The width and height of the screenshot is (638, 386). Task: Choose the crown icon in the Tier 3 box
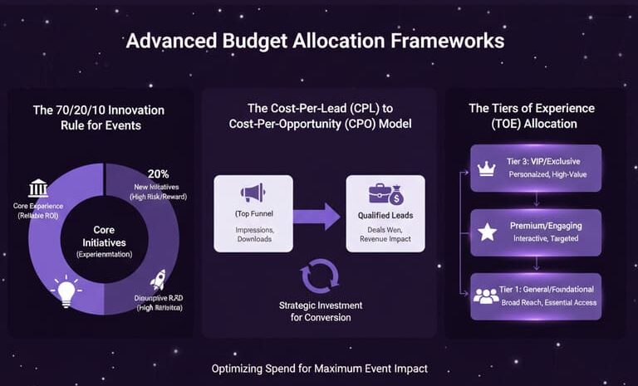click(488, 169)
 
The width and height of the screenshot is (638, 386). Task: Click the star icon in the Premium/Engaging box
click(488, 232)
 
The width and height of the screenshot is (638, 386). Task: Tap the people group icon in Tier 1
click(486, 296)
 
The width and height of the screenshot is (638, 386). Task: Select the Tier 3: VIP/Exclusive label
click(543, 161)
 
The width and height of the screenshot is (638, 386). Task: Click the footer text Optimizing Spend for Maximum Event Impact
click(319, 369)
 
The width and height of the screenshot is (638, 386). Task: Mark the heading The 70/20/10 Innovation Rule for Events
click(98, 117)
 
